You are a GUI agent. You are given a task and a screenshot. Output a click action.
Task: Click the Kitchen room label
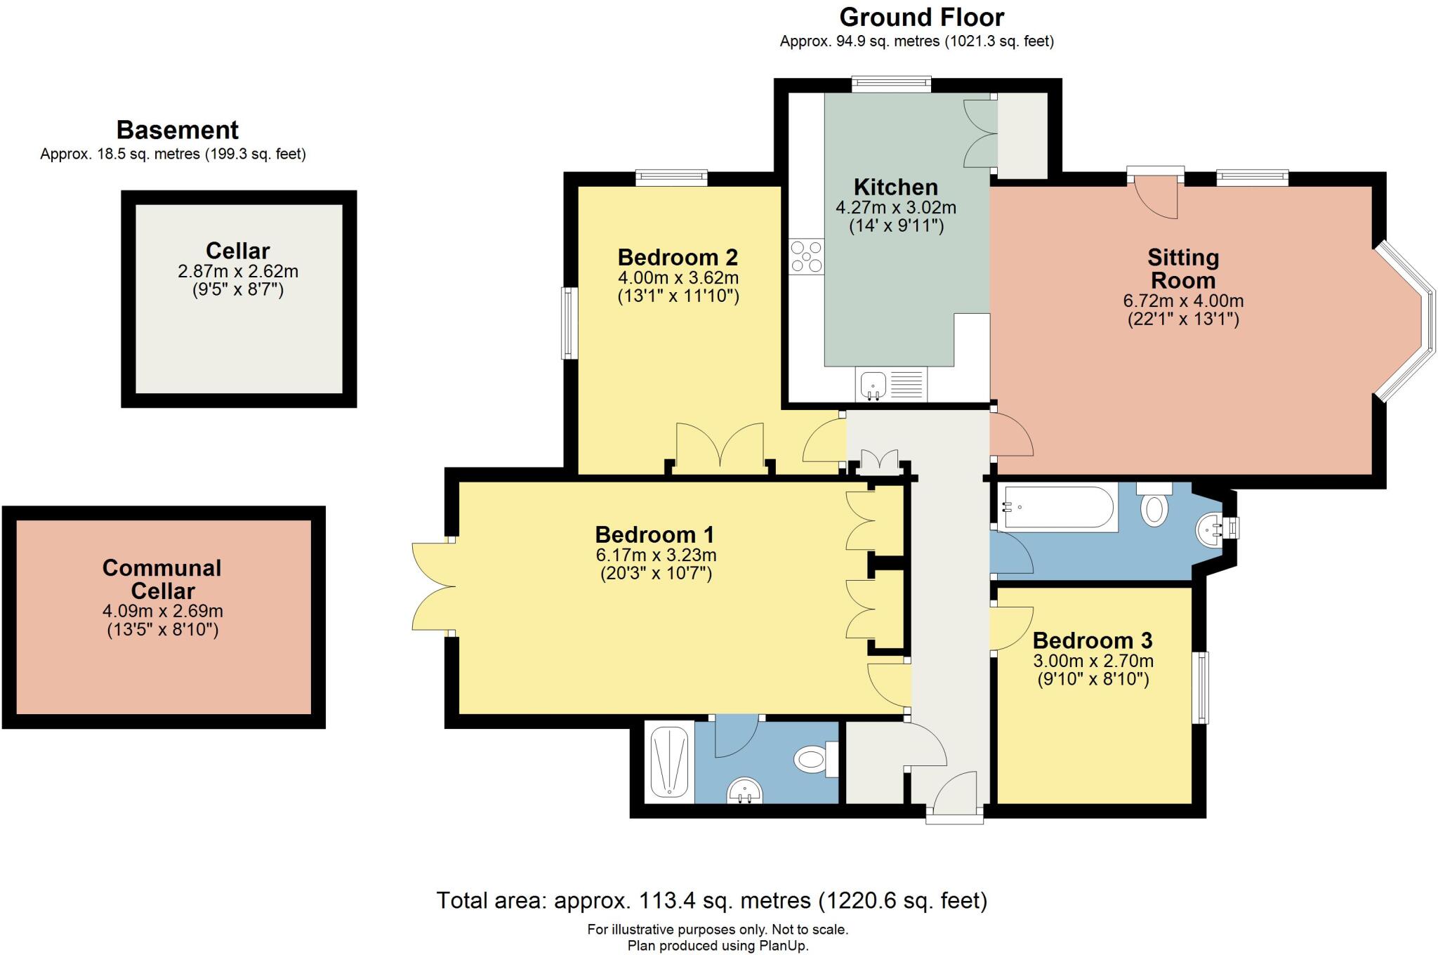(895, 187)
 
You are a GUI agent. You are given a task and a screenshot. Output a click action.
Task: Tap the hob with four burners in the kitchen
(806, 256)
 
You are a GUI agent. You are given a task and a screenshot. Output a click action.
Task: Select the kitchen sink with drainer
(890, 385)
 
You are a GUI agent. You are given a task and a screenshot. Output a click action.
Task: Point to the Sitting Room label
(1183, 269)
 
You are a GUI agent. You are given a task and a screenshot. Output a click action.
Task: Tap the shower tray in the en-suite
(669, 762)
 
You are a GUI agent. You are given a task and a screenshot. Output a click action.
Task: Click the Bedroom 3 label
(1093, 640)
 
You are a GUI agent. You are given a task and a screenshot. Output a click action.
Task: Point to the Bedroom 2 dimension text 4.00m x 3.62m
(678, 278)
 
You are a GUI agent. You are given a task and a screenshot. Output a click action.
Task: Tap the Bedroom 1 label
(654, 534)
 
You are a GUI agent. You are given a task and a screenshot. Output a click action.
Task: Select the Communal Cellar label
(162, 579)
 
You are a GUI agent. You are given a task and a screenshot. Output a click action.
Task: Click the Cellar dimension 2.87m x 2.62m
(238, 271)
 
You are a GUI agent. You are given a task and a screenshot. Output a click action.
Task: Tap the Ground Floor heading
(921, 17)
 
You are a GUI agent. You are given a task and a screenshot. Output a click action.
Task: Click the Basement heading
(177, 130)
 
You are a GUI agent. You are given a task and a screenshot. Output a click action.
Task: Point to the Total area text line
(712, 900)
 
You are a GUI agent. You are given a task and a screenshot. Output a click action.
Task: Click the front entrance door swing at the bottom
(956, 789)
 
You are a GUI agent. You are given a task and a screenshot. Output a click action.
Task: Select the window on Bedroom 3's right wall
(1203, 687)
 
